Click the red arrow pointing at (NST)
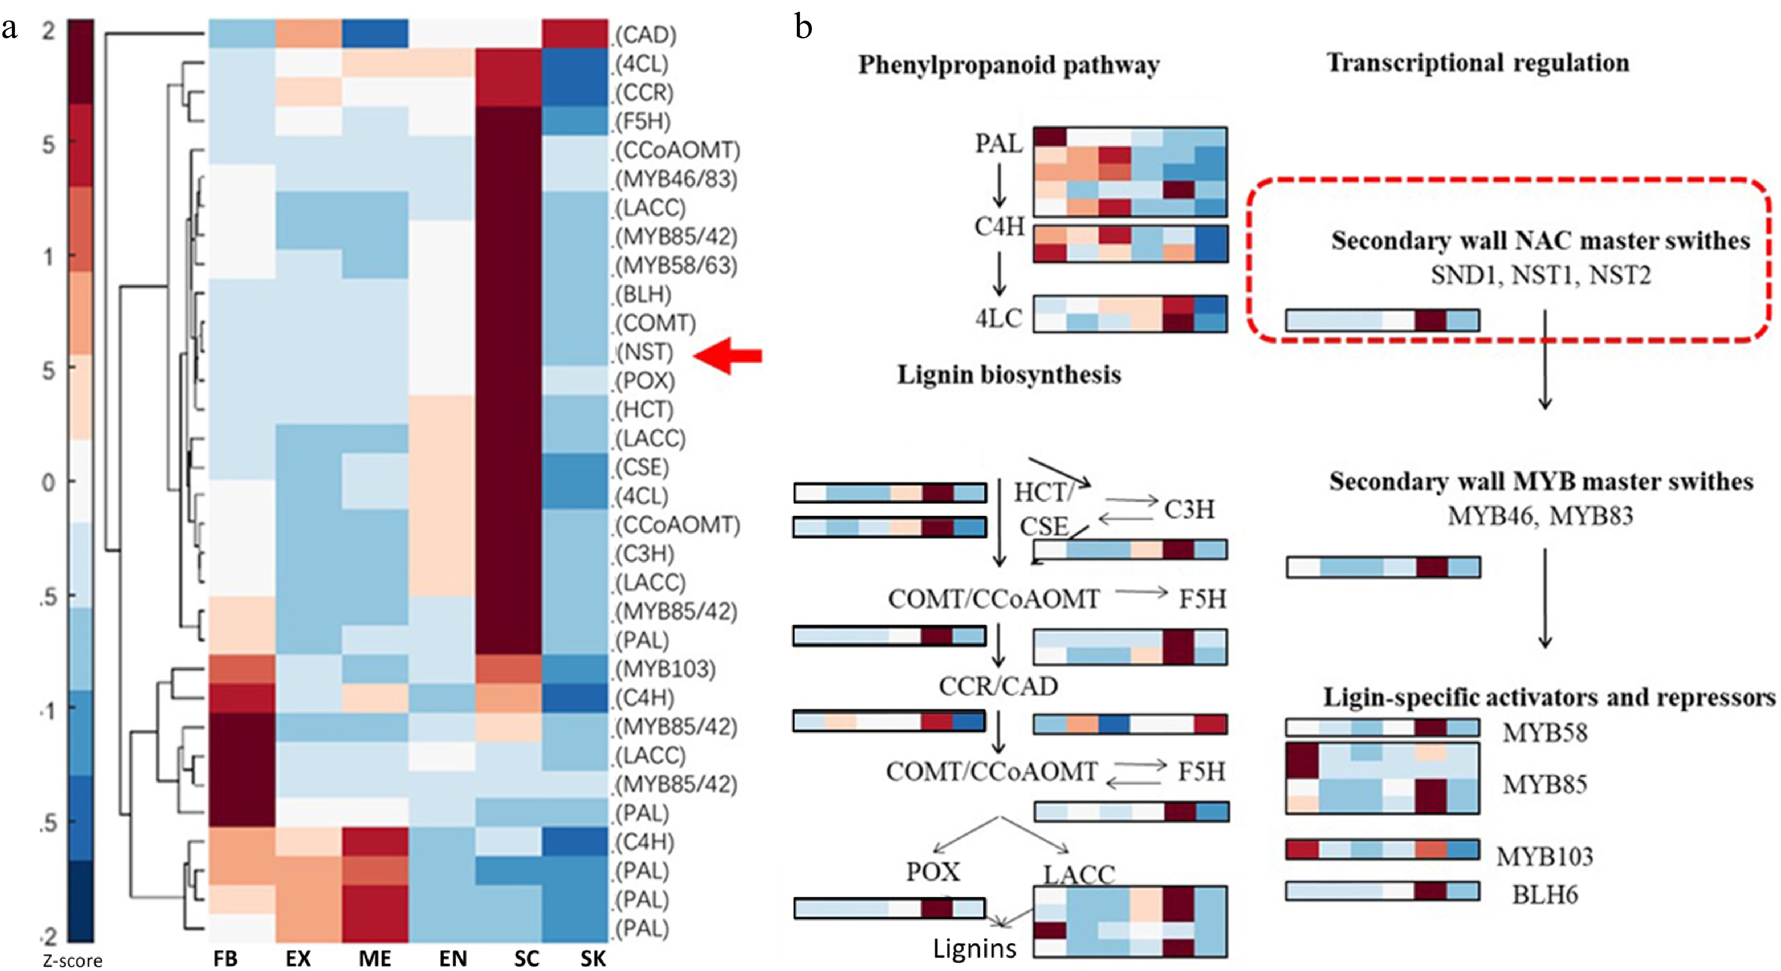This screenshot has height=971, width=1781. pyautogui.click(x=727, y=356)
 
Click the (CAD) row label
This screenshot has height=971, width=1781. pyautogui.click(x=646, y=35)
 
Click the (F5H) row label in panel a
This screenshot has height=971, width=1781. pyautogui.click(x=643, y=121)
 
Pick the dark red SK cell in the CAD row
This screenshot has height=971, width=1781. pyautogui.click(x=574, y=33)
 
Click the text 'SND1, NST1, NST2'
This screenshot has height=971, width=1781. pyautogui.click(x=1540, y=275)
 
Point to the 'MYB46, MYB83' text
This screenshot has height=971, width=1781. pyautogui.click(x=1540, y=516)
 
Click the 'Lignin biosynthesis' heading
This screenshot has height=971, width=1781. pyautogui.click(x=1009, y=374)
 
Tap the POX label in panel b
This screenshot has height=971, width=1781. pyautogui.click(x=933, y=871)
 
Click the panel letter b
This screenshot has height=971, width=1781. pyautogui.click(x=803, y=28)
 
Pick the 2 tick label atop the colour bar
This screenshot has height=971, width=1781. pyautogui.click(x=48, y=31)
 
